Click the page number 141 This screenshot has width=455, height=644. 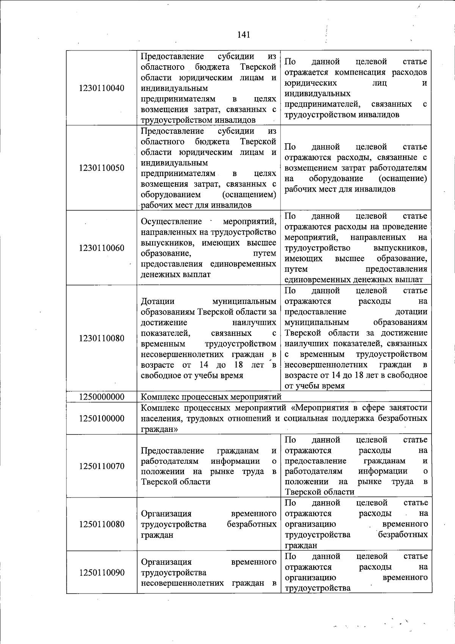point(243,35)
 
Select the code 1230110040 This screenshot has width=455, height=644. point(102,88)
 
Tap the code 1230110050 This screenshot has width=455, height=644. point(102,168)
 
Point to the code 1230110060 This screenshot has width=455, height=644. point(102,248)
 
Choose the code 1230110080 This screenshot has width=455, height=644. point(102,338)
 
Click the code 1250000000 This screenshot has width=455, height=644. point(102,397)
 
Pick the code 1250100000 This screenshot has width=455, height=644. point(102,419)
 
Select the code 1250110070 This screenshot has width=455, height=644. point(102,466)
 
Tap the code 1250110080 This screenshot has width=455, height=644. point(102,524)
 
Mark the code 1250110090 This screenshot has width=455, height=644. point(102,573)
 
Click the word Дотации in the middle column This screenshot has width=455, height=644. point(158,301)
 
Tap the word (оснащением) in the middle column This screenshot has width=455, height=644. point(249,195)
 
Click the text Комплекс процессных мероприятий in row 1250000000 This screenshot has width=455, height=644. point(211,397)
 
